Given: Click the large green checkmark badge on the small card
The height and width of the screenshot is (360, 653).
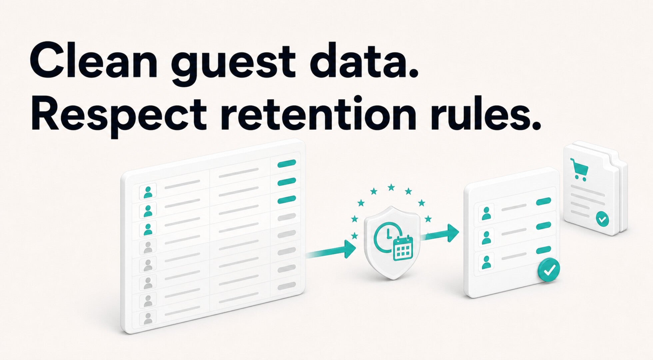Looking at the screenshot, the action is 549,270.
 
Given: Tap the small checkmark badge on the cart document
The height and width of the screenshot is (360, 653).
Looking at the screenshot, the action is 602,219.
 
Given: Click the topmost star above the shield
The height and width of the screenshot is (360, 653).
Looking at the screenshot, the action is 391,187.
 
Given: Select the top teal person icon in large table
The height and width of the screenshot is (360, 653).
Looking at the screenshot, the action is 148,192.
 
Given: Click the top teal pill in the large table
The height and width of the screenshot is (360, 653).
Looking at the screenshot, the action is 287,163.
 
